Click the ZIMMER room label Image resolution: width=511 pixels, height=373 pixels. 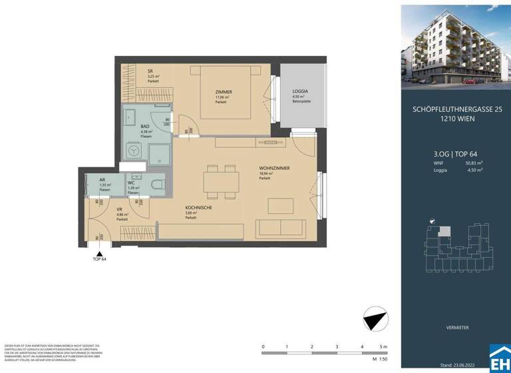224,91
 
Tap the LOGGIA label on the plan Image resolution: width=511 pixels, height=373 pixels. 301,91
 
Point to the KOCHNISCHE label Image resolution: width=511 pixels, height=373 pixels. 199,208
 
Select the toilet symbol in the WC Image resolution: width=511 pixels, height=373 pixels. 157,186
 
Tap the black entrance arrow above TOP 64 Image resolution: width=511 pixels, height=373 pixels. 99,253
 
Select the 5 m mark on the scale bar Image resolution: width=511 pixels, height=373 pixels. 384,347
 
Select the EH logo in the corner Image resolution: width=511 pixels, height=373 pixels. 499,358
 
